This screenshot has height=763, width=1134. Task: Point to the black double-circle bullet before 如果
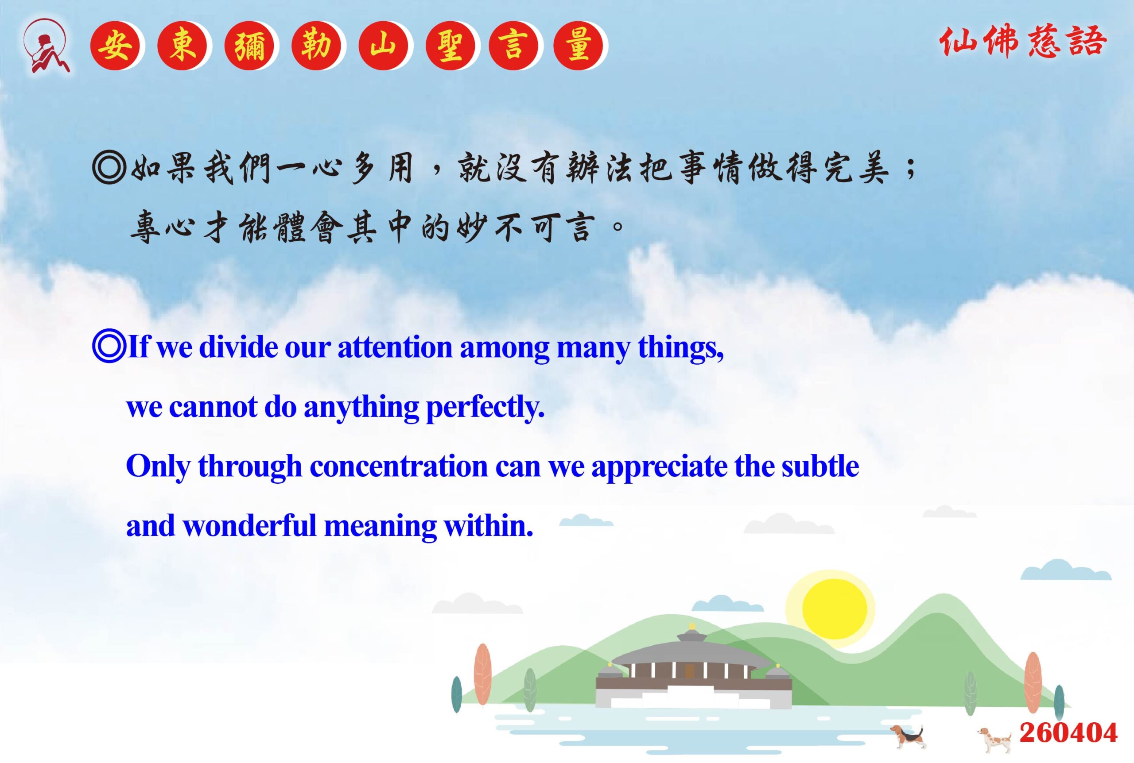pos(109,168)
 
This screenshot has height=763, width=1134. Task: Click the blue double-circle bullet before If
pos(109,347)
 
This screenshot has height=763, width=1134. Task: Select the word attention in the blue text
pos(395,347)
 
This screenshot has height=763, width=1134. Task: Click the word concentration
pos(398,466)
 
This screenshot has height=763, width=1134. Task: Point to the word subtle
pos(820,466)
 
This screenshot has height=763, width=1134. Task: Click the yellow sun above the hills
pos(835,608)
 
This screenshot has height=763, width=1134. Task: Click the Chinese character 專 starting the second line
pos(145,227)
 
